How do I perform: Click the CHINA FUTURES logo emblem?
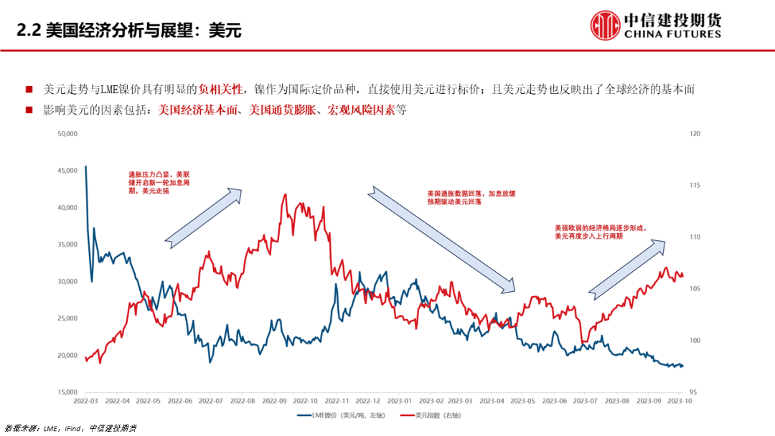pyautogui.click(x=605, y=26)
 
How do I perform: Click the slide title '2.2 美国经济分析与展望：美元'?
pyautogui.click(x=129, y=30)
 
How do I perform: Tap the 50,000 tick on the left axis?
pyautogui.click(x=67, y=133)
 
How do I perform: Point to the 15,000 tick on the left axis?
pyautogui.click(x=67, y=392)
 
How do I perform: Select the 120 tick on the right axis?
pyautogui.click(x=694, y=133)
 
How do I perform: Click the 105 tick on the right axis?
pyautogui.click(x=694, y=289)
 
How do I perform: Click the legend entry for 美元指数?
pyautogui.click(x=428, y=414)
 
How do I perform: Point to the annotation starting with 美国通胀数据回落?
pyautogui.click(x=471, y=198)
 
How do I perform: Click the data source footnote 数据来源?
pyautogui.click(x=70, y=428)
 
